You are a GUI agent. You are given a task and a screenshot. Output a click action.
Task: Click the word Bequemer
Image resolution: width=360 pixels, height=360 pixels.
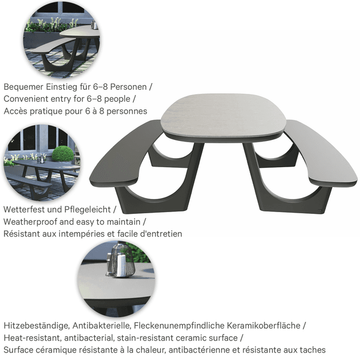coord(24,87)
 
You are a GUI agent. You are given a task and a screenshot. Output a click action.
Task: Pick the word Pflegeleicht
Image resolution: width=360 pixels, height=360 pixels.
coord(88,210)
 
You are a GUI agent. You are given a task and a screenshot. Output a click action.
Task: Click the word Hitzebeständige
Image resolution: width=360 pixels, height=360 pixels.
coord(37,325)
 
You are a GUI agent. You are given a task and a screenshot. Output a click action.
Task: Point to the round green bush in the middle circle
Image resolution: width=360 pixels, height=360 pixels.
coord(63,154)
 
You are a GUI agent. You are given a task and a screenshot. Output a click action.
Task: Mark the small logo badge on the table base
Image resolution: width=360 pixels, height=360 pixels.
coord(320,210)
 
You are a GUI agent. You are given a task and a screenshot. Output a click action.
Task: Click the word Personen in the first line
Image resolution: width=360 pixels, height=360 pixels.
coord(129,87)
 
